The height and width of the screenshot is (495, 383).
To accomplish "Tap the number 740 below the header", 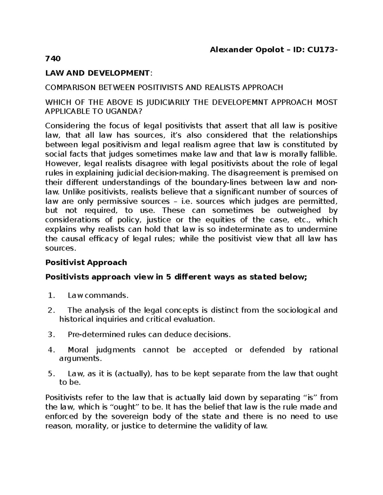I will coord(53,59).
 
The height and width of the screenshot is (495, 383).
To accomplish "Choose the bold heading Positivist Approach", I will coord(86,262).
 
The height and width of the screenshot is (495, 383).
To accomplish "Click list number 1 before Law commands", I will coord(51,295).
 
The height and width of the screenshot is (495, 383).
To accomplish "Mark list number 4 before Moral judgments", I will coord(51,350).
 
